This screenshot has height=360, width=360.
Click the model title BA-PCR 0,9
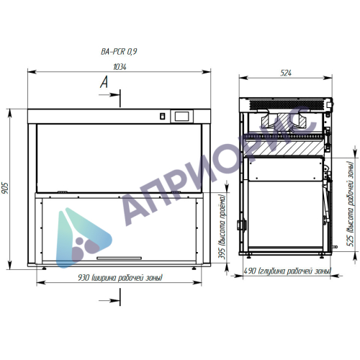119,52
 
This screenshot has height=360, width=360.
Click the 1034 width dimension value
120,67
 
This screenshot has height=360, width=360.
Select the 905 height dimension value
5,188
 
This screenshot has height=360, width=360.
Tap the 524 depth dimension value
286,73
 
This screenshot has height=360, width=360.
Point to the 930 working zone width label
120,278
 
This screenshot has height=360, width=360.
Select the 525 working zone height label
351,204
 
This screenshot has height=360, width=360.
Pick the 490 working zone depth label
287,271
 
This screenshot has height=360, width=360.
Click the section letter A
104,82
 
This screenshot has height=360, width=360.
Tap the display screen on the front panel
182,116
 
